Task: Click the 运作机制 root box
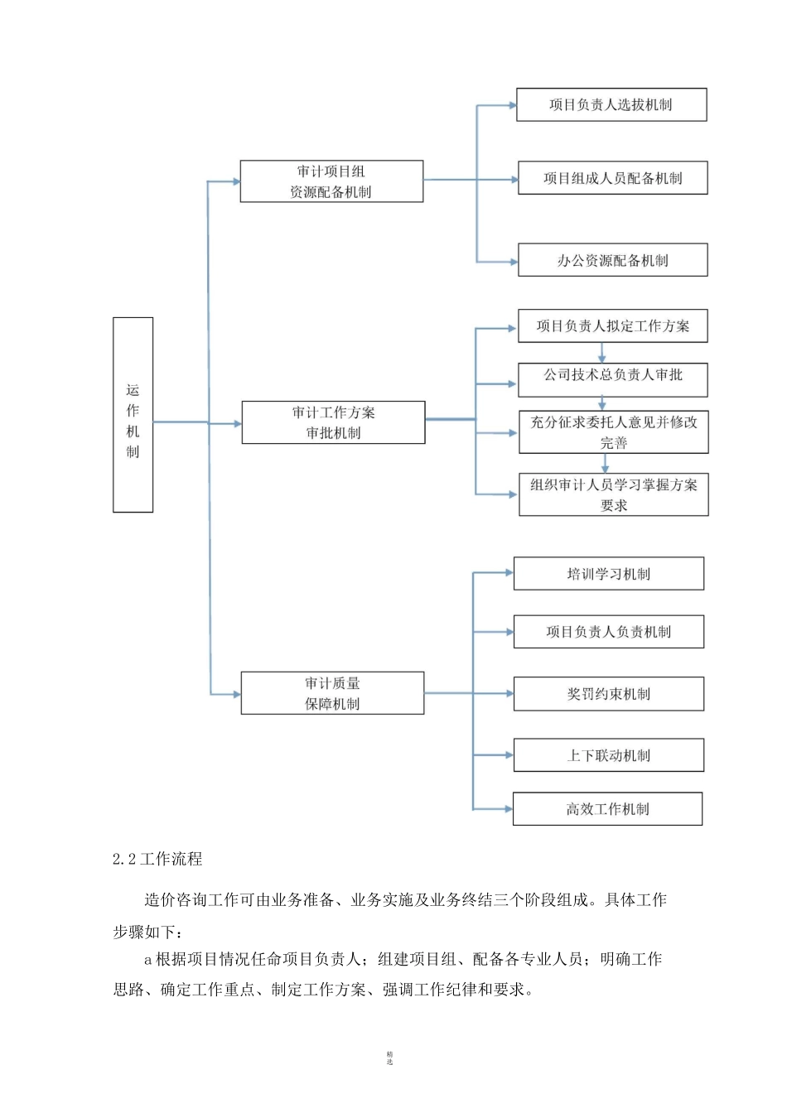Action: tap(133, 415)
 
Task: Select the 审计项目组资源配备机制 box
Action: tap(331, 181)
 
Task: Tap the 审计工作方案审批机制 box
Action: tap(333, 422)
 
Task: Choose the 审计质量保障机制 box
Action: tap(332, 693)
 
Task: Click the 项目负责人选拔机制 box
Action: tap(611, 105)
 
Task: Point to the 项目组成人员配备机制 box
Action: tap(612, 178)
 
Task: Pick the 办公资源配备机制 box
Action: tap(612, 260)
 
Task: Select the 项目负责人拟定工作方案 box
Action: tap(612, 325)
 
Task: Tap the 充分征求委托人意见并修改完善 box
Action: tap(613, 432)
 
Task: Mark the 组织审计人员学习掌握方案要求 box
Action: tap(613, 494)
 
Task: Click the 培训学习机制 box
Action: tap(608, 574)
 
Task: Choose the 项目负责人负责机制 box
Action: tap(608, 632)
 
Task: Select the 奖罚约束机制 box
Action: tap(608, 694)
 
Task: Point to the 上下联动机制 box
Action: tap(608, 755)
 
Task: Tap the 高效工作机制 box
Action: tap(607, 809)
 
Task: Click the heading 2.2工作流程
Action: tap(157, 859)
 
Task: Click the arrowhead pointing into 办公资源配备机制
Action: tap(512, 262)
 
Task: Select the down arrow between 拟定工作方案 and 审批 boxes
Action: tap(602, 354)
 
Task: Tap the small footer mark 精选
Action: tap(389, 1058)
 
